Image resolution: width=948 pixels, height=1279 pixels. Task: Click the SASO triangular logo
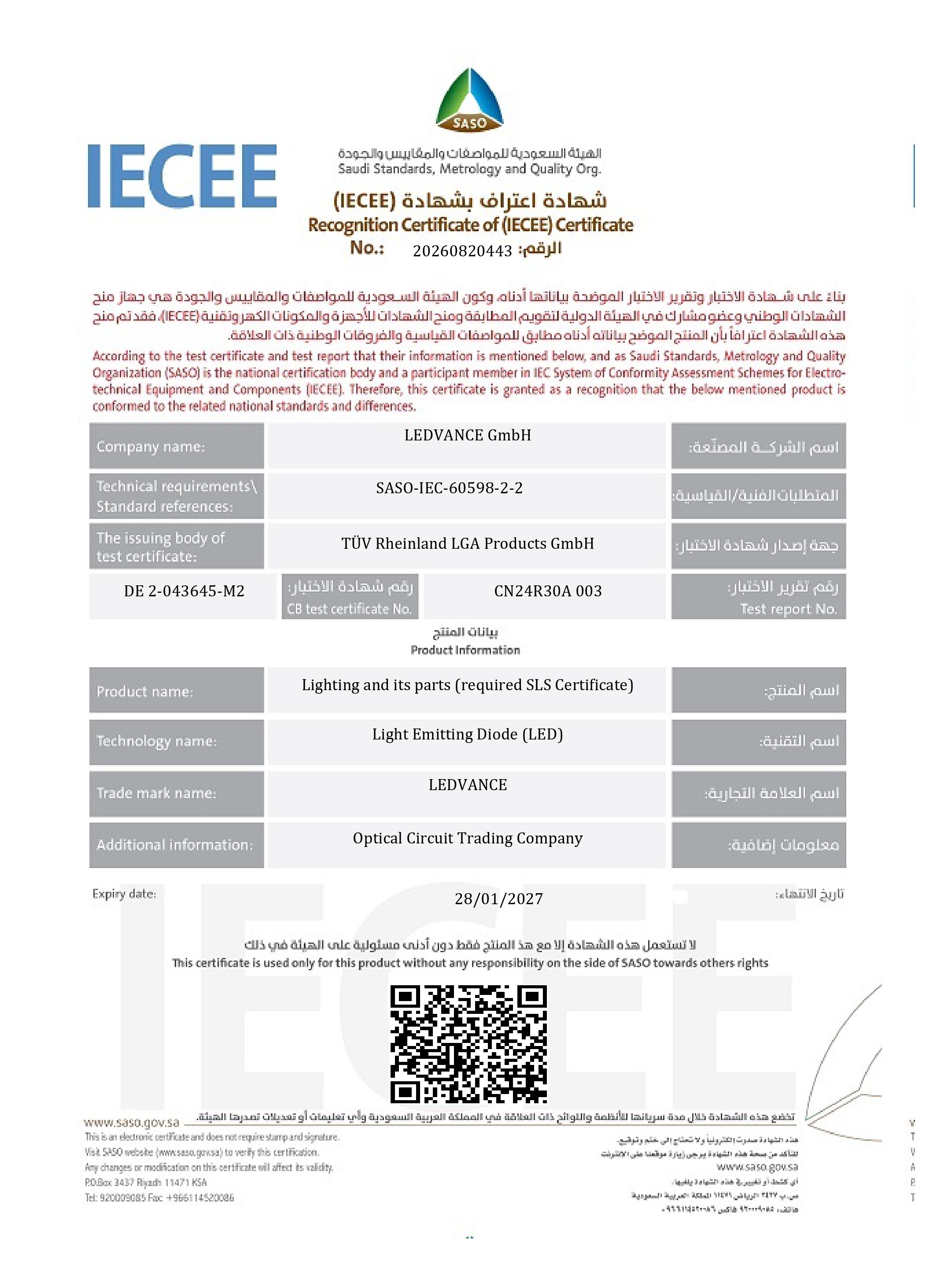pyautogui.click(x=469, y=99)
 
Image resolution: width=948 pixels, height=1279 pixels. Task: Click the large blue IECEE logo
pyautogui.click(x=182, y=176)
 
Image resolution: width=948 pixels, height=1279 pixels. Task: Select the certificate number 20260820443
pyautogui.click(x=462, y=251)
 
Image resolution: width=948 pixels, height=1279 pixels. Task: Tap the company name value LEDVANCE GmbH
pyautogui.click(x=467, y=435)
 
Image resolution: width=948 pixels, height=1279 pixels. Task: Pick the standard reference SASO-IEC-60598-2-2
pyautogui.click(x=449, y=488)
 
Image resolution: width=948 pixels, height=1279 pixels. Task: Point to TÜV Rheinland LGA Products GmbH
pyautogui.click(x=467, y=543)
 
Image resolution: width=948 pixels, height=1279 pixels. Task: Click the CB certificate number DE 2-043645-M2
pyautogui.click(x=184, y=591)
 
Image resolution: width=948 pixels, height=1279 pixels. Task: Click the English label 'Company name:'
pyautogui.click(x=150, y=447)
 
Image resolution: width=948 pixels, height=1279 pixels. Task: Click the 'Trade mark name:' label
pyautogui.click(x=156, y=793)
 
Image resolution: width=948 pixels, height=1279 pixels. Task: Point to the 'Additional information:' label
pyautogui.click(x=174, y=844)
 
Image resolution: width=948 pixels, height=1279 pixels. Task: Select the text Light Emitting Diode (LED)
pyautogui.click(x=467, y=734)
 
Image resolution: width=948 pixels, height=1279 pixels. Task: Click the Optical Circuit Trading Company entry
pyautogui.click(x=467, y=838)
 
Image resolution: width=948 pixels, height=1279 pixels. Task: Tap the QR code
pyautogui.click(x=468, y=1044)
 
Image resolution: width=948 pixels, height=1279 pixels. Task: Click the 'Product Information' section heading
pyautogui.click(x=465, y=650)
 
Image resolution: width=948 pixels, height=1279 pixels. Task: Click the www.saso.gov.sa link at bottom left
pyautogui.click(x=131, y=1122)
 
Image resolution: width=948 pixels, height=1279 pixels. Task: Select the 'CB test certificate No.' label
pyautogui.click(x=350, y=609)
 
